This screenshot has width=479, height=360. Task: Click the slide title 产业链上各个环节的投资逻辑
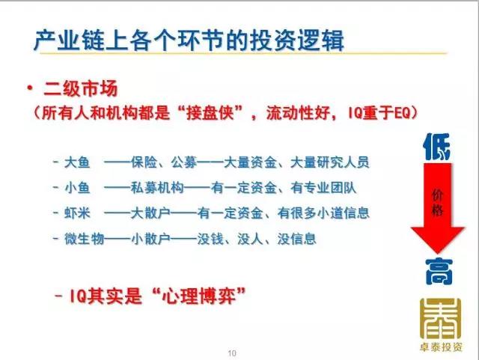tap(189, 40)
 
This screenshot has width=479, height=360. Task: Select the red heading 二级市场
tap(81, 89)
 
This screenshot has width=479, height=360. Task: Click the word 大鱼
tap(77, 162)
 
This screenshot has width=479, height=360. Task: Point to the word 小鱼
tap(77, 187)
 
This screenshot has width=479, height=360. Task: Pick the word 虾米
tap(77, 213)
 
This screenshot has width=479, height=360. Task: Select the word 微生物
tap(84, 239)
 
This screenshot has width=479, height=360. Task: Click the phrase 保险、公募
tap(164, 162)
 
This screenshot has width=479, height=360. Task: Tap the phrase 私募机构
tap(157, 187)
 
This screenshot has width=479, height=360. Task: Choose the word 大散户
tap(150, 213)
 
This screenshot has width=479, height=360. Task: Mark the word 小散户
tap(150, 239)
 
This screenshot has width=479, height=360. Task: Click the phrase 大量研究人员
tap(329, 162)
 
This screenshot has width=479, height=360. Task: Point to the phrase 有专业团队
tap(323, 187)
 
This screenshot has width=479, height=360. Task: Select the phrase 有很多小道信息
tap(323, 213)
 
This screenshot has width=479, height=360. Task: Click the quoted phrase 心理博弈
tap(199, 296)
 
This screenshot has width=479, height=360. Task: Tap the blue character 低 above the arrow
tap(437, 147)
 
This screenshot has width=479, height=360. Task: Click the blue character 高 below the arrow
tap(439, 272)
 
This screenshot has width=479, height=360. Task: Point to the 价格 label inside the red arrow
tap(437, 202)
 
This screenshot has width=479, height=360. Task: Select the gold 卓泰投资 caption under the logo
tap(441, 347)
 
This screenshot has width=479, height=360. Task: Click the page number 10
tap(232, 353)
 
